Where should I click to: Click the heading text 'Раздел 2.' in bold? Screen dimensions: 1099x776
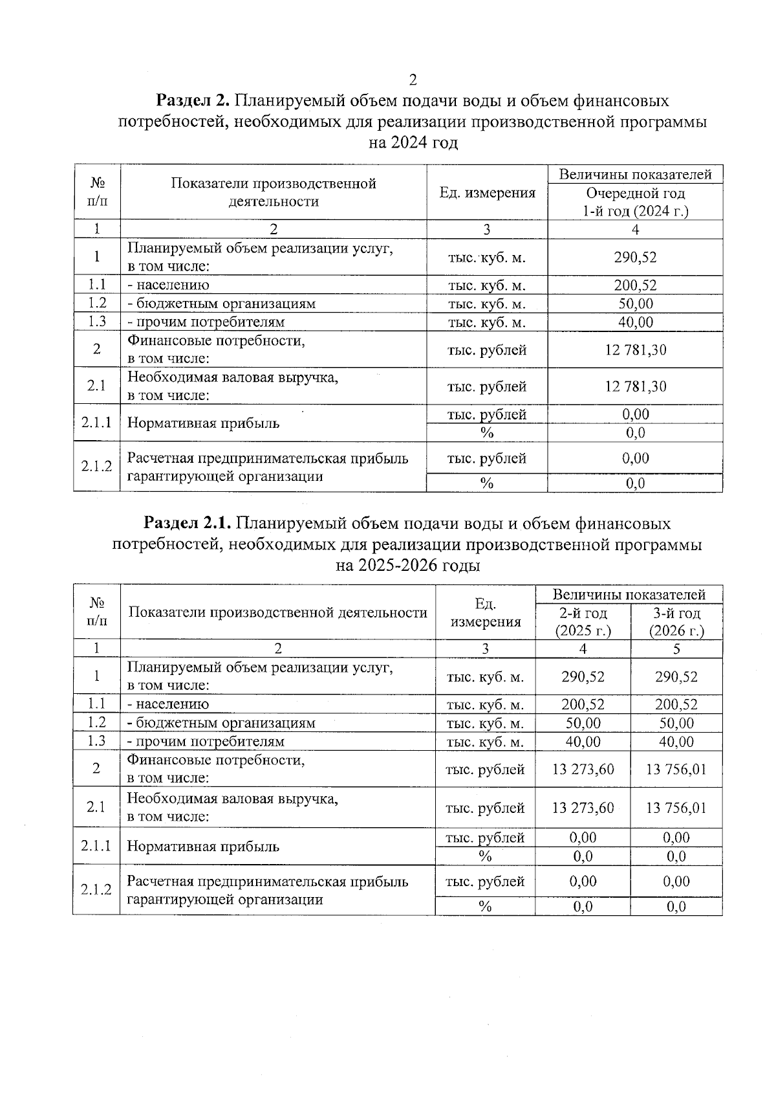tap(193, 101)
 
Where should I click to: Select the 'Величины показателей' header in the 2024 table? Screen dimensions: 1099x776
tap(635, 174)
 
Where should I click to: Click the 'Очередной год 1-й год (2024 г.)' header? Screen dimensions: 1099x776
tap(635, 202)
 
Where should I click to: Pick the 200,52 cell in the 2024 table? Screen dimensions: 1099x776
tap(635, 285)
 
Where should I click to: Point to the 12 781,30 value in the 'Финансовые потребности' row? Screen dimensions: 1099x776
tap(635, 350)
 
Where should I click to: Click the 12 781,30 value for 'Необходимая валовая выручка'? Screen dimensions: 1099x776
tap(635, 386)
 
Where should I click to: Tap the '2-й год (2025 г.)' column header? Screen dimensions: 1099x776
tap(583, 622)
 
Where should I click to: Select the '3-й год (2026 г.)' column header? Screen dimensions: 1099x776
tap(676, 622)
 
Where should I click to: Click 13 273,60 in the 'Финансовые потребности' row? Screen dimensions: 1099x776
tap(583, 770)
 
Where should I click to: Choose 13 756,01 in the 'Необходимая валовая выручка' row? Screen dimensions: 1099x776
tap(676, 808)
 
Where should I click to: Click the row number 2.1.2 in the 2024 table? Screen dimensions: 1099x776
tap(96, 467)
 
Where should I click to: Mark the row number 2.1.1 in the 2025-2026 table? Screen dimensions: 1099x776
tap(96, 846)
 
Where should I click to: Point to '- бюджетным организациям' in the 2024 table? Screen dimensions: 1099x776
tap(221, 304)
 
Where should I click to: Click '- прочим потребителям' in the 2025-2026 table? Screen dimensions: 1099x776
tap(206, 742)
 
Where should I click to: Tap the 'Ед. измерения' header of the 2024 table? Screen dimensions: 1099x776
tap(487, 193)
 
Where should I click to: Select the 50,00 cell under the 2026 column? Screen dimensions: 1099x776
tap(676, 723)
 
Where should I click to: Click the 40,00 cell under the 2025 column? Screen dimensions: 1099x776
tap(583, 742)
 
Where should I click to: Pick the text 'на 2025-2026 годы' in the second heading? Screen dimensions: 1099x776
tap(407, 566)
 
